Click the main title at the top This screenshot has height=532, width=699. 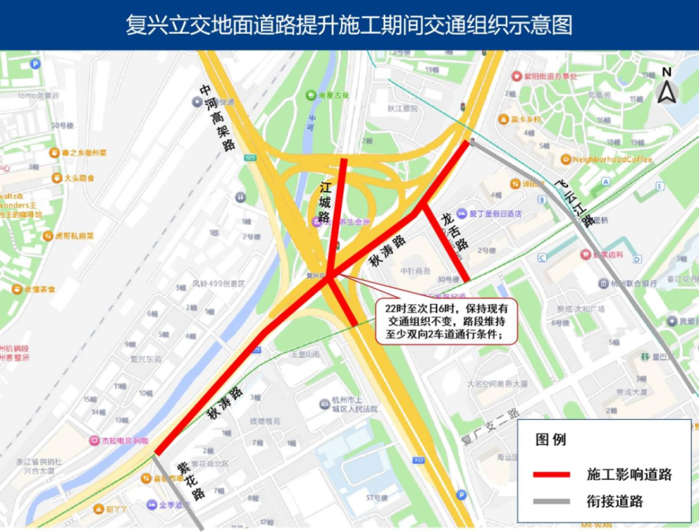click(349, 25)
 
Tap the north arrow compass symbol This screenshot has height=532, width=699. click(667, 87)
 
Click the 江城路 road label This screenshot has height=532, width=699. click(325, 202)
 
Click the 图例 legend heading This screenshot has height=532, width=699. click(550, 440)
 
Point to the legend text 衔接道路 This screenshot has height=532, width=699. click(615, 501)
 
